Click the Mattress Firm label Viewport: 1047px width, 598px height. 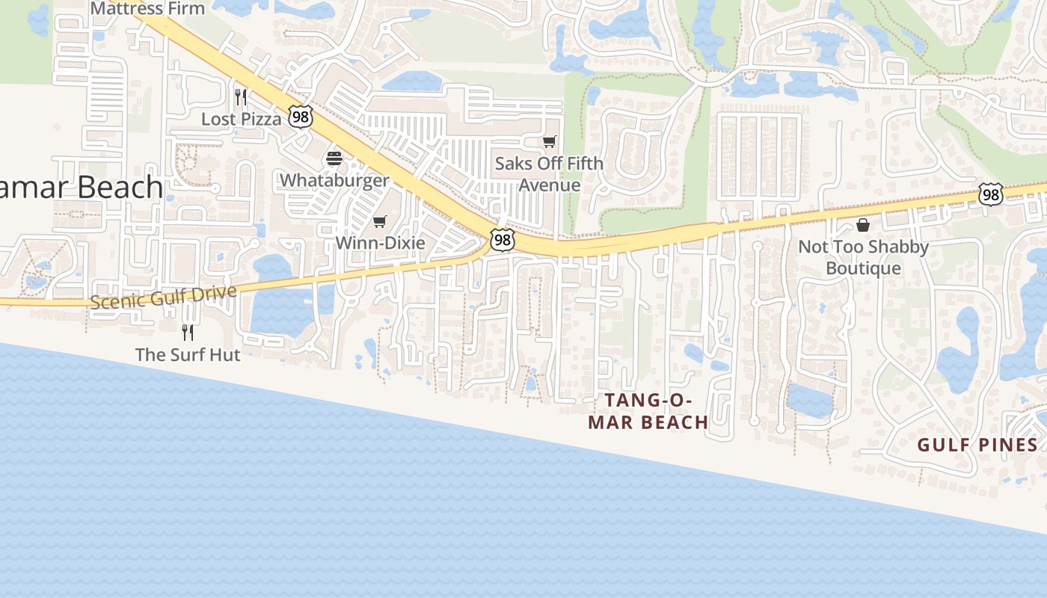pyautogui.click(x=147, y=8)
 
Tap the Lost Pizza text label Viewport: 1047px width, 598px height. pyautogui.click(x=241, y=119)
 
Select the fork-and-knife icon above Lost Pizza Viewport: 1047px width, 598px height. pyautogui.click(x=241, y=97)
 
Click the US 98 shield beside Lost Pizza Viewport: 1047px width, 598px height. pyautogui.click(x=300, y=117)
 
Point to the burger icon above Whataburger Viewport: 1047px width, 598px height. pyautogui.click(x=334, y=158)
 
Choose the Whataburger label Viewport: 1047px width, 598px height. pyautogui.click(x=334, y=180)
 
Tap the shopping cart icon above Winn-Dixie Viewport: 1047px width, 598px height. pyautogui.click(x=379, y=221)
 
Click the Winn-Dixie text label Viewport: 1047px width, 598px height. pyautogui.click(x=380, y=243)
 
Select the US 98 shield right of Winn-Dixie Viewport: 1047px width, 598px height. pyautogui.click(x=503, y=240)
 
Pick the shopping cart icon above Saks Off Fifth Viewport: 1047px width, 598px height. pyautogui.click(x=550, y=141)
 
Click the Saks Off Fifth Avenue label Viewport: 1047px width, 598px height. pyautogui.click(x=550, y=173)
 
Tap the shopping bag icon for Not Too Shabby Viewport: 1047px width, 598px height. pyautogui.click(x=863, y=225)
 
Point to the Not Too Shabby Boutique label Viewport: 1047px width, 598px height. pyautogui.click(x=863, y=257)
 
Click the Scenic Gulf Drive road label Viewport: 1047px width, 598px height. pyautogui.click(x=164, y=296)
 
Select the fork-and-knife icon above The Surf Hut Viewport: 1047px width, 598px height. pyautogui.click(x=188, y=332)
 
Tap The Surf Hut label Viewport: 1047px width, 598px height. pyautogui.click(x=188, y=354)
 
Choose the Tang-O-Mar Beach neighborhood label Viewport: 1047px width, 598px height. pyautogui.click(x=648, y=411)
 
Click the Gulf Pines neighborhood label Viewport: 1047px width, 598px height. pyautogui.click(x=977, y=446)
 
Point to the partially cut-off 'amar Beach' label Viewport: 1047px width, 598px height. pyautogui.click(x=81, y=187)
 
